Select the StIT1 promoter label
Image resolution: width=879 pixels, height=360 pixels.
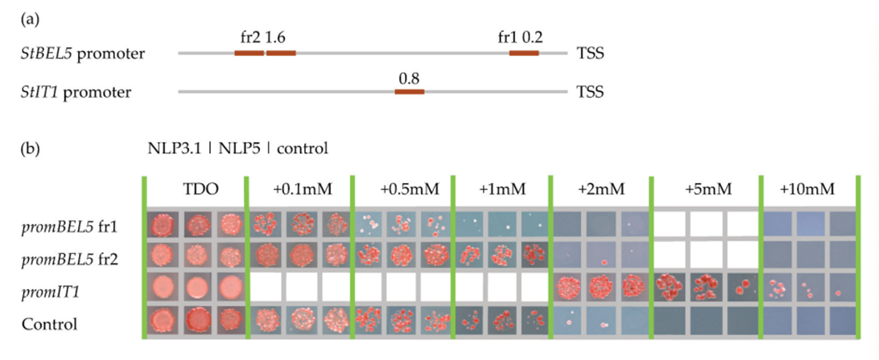point(76,92)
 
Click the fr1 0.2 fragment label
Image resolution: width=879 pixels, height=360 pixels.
point(520,38)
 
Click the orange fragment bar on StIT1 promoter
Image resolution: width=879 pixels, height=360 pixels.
point(409,92)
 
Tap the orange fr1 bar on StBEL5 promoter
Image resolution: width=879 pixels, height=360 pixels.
point(524,53)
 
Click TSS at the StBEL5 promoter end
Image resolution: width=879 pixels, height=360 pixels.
point(590,53)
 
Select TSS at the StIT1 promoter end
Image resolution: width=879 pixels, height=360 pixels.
point(590,92)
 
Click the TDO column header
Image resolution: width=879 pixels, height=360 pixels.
point(194,189)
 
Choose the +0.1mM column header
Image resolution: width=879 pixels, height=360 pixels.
point(299,189)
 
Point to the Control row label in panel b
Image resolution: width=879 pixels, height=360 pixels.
point(49,324)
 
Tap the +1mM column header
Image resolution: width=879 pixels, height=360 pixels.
point(500,189)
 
